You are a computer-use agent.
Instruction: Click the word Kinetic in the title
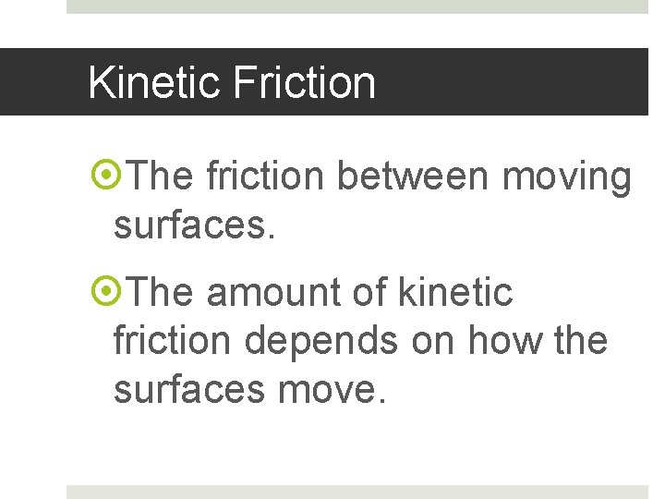pyautogui.click(x=153, y=83)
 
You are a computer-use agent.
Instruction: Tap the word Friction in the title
pyautogui.click(x=304, y=83)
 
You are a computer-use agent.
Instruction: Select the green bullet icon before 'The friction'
pyautogui.click(x=107, y=174)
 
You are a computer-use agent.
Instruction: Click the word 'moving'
pyautogui.click(x=566, y=177)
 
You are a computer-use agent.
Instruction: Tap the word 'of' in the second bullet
pyautogui.click(x=369, y=293)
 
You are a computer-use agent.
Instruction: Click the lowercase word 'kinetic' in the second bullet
pyautogui.click(x=454, y=293)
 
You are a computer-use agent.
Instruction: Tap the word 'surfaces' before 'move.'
pyautogui.click(x=189, y=390)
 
